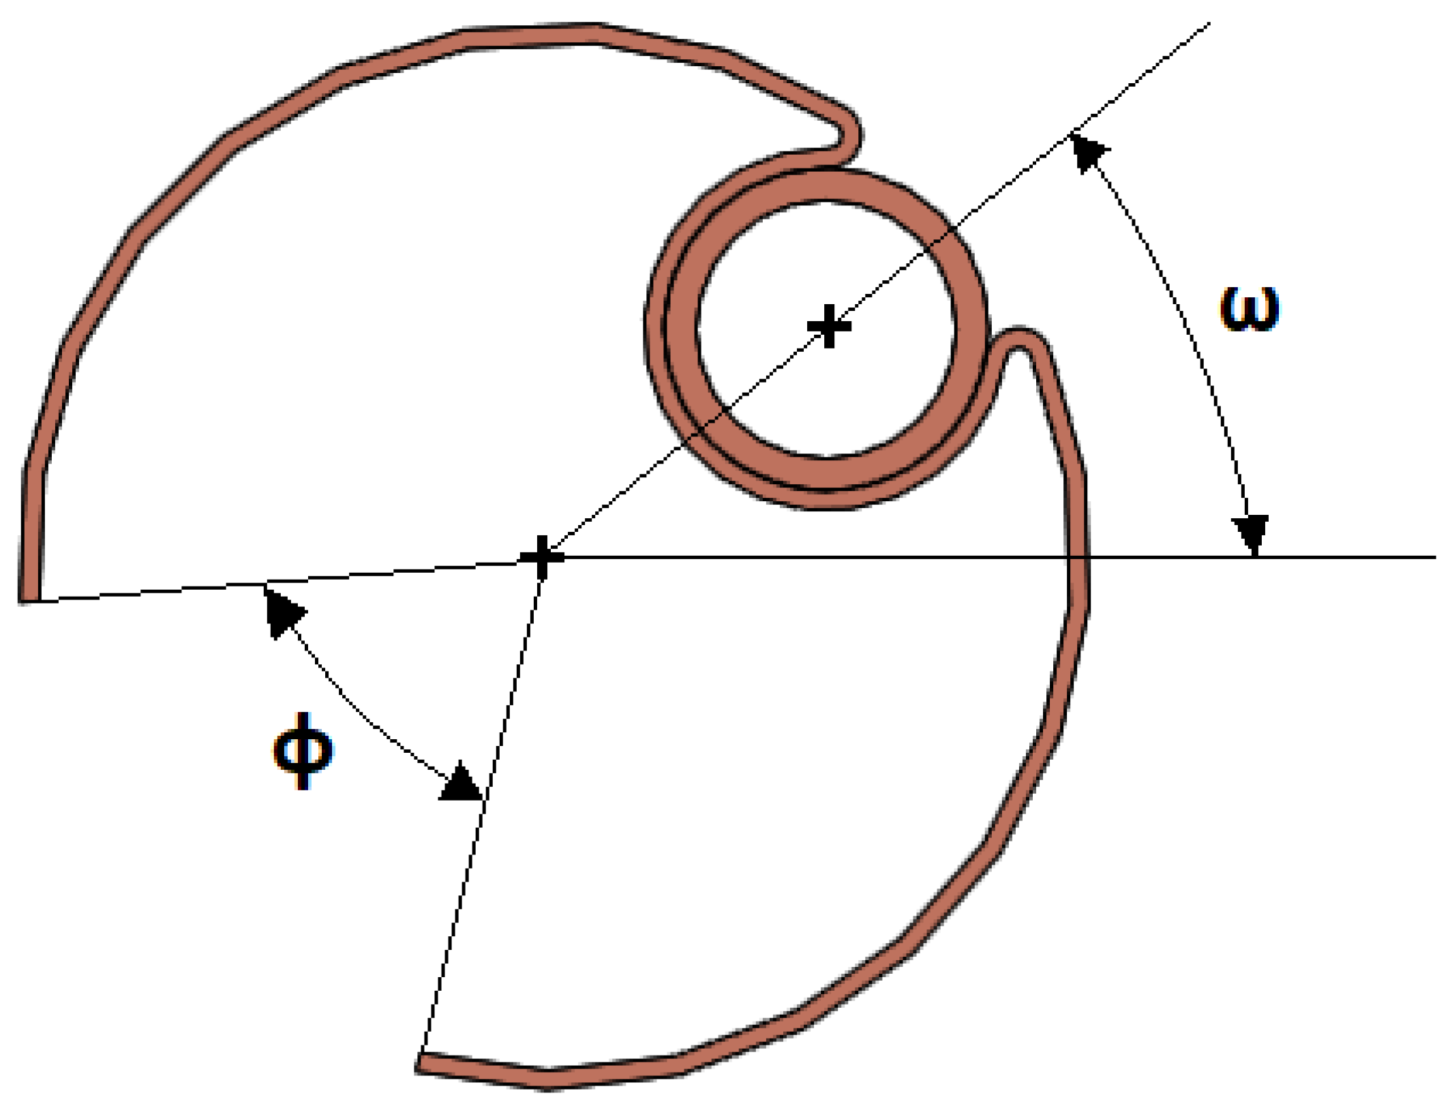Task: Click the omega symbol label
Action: point(1249,310)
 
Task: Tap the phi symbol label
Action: point(303,751)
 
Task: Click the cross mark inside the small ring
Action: point(829,327)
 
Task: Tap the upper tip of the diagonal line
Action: point(1207,25)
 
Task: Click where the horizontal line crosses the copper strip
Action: point(1078,557)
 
